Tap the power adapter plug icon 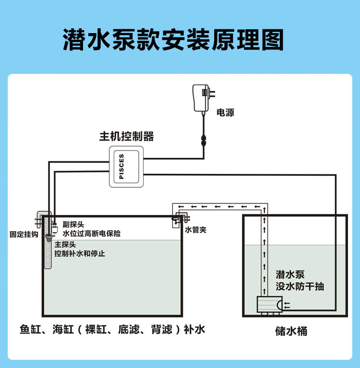203,96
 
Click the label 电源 226,113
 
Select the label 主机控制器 127,136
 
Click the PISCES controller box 126,166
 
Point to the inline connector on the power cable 203,142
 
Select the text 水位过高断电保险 92,234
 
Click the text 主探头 65,244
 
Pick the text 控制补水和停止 80,253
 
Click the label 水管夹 196,229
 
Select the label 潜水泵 290,275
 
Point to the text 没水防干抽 300,286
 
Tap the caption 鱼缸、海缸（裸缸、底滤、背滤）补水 112,330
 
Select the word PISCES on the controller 121,166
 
